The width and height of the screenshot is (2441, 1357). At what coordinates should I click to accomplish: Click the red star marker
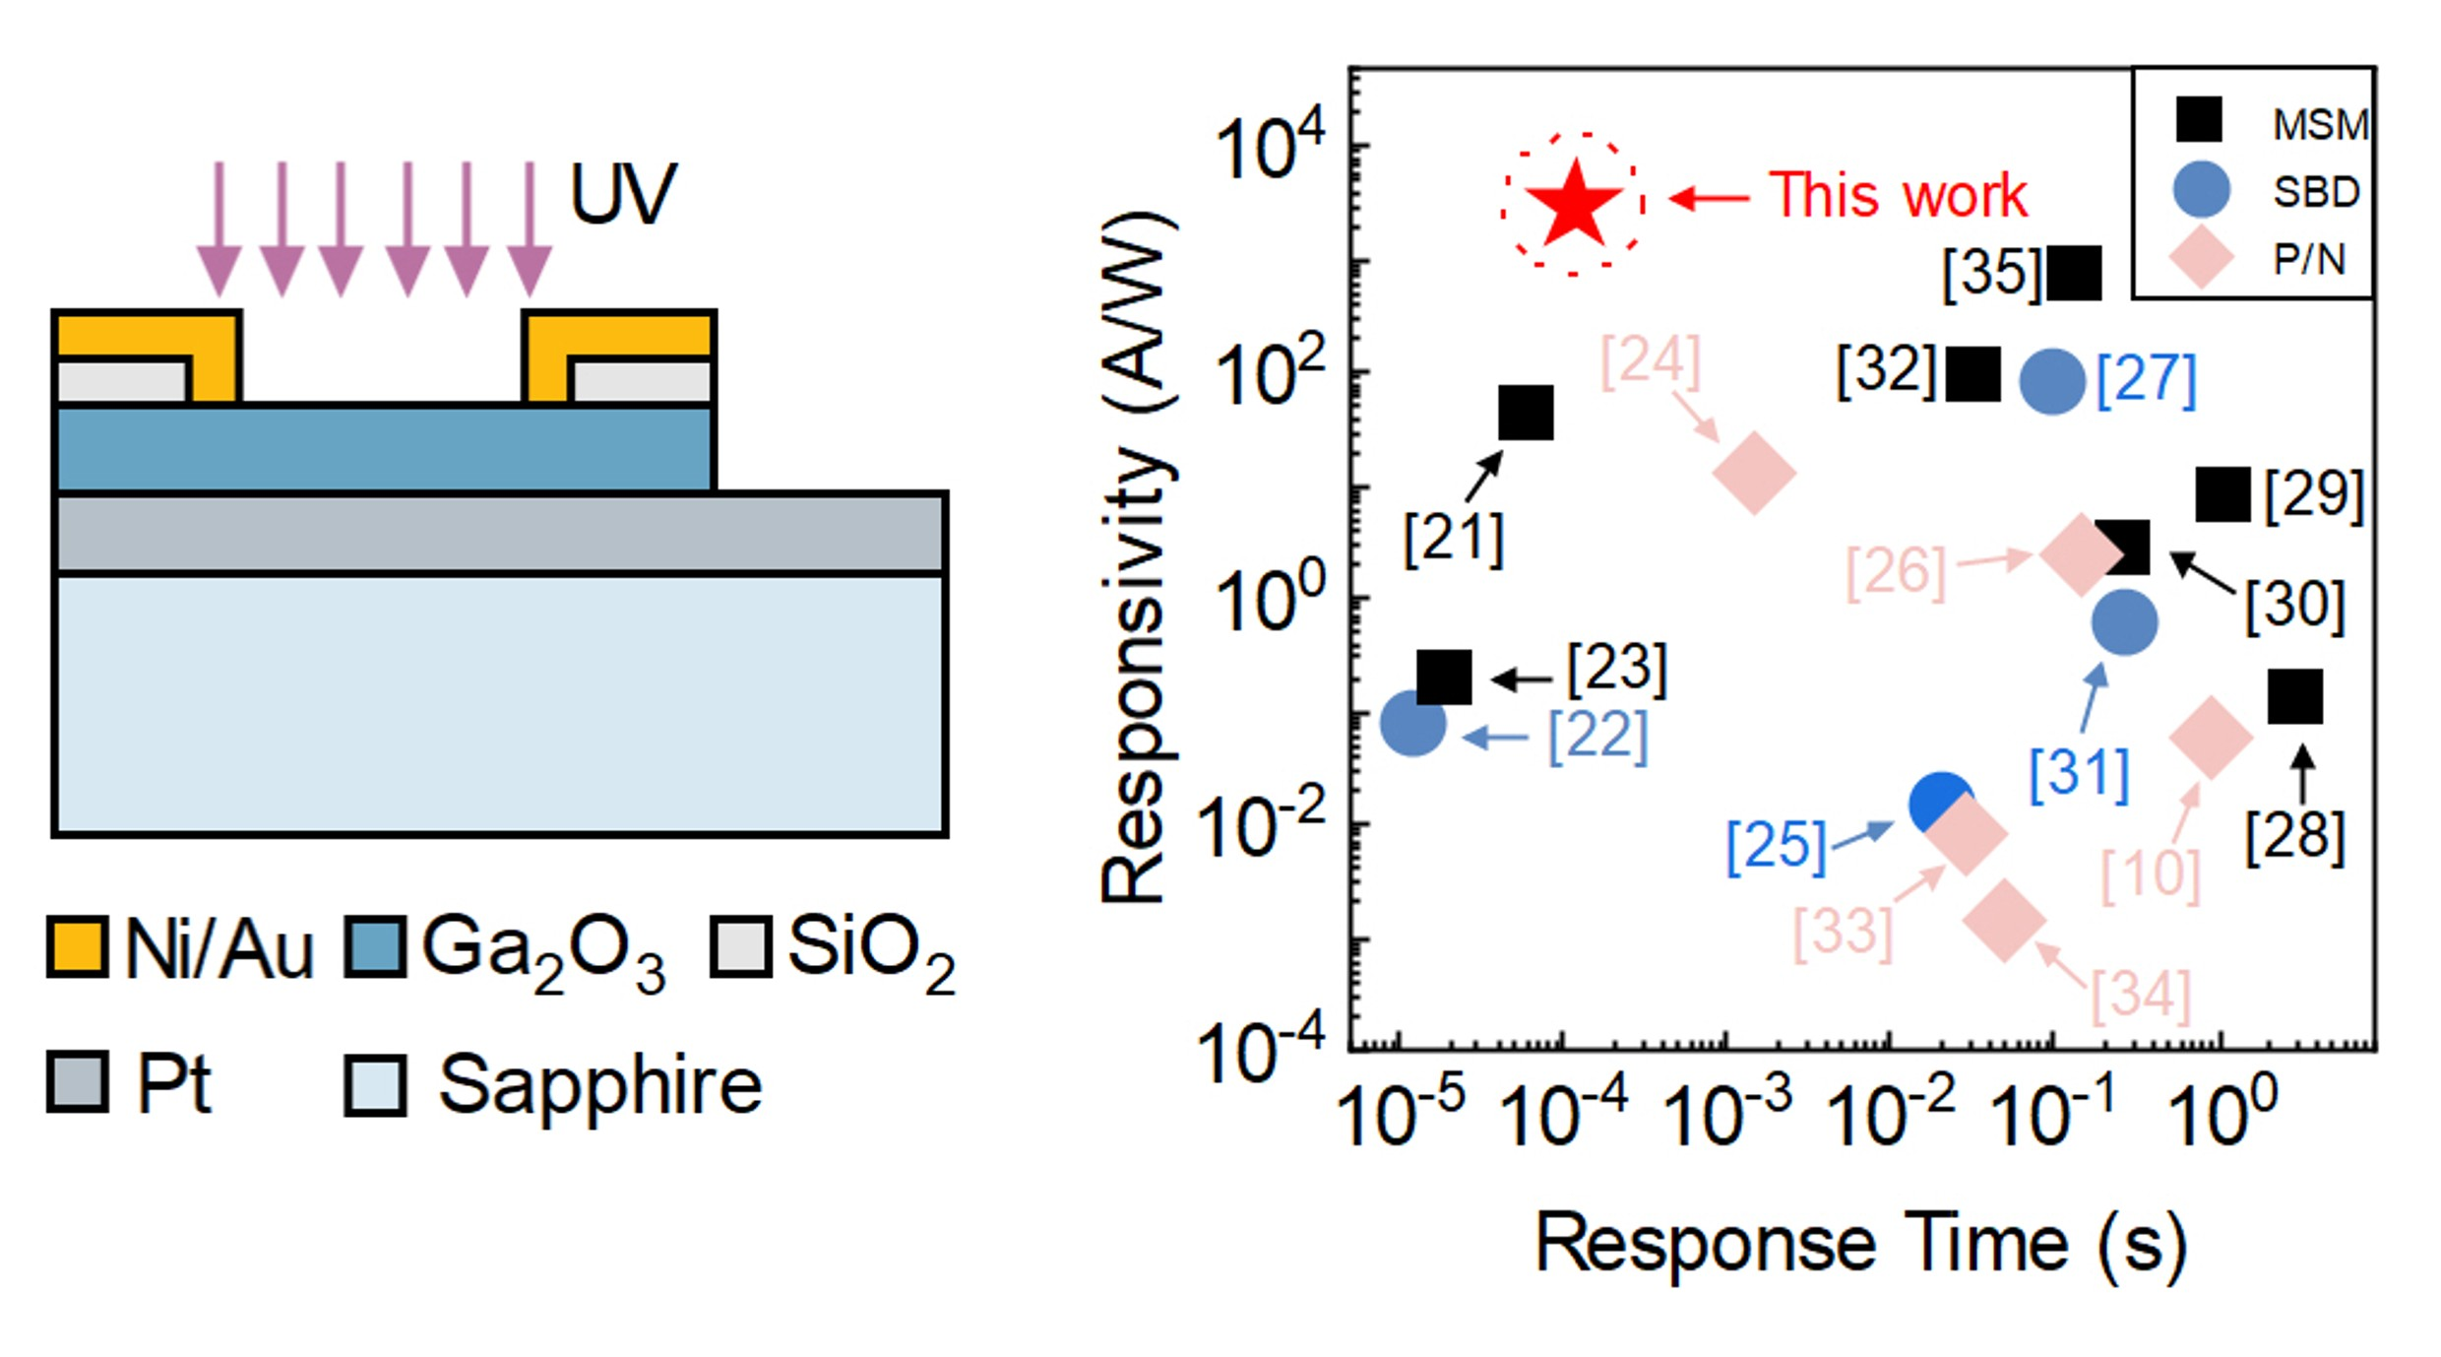tap(1573, 205)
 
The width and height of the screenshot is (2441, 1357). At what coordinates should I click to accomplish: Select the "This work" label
tap(1898, 195)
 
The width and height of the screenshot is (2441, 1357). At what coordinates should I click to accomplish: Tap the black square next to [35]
tap(2074, 273)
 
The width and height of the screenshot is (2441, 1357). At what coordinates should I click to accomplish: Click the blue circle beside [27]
tap(2052, 380)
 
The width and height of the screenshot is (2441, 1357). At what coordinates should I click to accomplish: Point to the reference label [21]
tap(1454, 539)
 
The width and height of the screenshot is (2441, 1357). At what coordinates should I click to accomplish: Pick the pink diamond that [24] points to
tap(1754, 473)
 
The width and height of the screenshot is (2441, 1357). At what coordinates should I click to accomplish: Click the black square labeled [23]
tap(1444, 677)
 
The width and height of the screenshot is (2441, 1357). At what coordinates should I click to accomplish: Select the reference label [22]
tap(1597, 736)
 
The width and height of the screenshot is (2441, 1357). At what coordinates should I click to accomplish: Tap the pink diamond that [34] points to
tap(2004, 920)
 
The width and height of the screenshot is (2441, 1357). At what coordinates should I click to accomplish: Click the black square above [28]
tap(2295, 696)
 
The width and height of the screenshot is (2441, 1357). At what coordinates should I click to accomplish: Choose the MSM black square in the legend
tap(2198, 120)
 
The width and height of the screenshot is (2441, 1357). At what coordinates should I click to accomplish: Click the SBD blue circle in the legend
tap(2201, 189)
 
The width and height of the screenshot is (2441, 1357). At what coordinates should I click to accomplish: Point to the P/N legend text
tap(2309, 260)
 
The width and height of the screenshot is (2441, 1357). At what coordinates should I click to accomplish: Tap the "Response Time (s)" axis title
tap(1860, 1245)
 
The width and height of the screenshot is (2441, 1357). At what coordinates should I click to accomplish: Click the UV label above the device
tap(623, 194)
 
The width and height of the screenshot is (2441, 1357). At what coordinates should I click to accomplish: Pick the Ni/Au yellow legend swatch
tap(78, 947)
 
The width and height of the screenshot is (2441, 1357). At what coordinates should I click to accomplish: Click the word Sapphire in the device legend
tap(599, 1085)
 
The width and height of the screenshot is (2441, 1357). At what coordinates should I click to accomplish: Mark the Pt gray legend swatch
tap(78, 1083)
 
